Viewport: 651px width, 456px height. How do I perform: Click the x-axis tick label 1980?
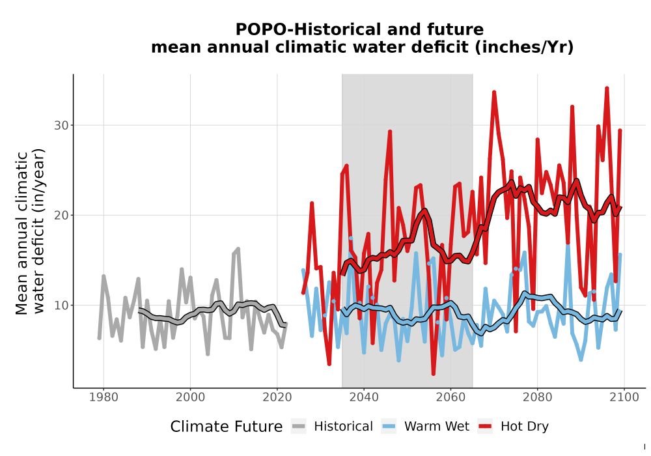click(104, 397)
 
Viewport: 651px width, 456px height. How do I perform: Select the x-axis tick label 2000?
click(191, 397)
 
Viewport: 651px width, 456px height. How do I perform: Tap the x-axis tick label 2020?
click(277, 397)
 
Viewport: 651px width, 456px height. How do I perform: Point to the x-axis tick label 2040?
click(364, 397)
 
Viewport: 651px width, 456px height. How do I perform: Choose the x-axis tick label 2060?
click(450, 397)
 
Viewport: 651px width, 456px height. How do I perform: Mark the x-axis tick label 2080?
click(537, 397)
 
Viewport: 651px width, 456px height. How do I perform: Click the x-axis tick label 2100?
click(624, 397)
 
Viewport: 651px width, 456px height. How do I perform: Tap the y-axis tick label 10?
click(61, 306)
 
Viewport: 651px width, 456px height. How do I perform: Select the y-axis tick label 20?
click(61, 215)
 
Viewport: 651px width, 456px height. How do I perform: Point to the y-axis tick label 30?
click(61, 125)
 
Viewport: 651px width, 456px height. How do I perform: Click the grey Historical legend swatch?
click(299, 427)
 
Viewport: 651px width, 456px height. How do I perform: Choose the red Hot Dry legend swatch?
click(486, 427)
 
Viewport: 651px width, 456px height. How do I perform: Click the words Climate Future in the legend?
click(227, 427)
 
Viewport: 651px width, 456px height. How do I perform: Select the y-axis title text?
click(31, 233)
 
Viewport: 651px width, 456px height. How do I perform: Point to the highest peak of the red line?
click(607, 89)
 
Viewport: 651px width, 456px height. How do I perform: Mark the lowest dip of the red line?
click(434, 374)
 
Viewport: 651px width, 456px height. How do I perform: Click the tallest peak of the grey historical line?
click(238, 249)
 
